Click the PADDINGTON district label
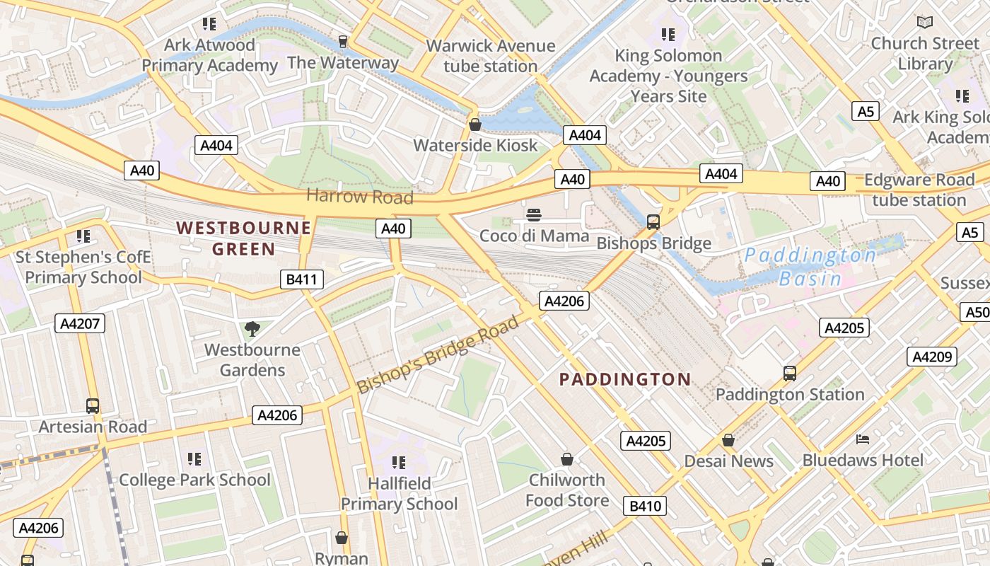(x=625, y=379)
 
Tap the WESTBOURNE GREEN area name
(x=243, y=238)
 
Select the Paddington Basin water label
(x=810, y=267)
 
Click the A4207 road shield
(x=80, y=323)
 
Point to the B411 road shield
(x=301, y=279)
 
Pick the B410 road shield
(x=645, y=506)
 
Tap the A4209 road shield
(x=932, y=357)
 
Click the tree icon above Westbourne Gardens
(x=252, y=328)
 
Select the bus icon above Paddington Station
(x=789, y=373)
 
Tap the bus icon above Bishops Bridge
(x=653, y=221)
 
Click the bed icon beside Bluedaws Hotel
(x=862, y=439)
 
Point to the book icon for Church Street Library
(x=924, y=22)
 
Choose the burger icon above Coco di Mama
(x=534, y=214)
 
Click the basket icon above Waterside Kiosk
(x=475, y=125)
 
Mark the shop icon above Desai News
(x=728, y=440)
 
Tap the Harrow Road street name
(x=359, y=196)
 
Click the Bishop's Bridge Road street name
(x=438, y=356)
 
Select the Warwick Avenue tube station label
(x=490, y=56)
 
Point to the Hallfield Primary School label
(x=400, y=494)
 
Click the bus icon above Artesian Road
(x=93, y=405)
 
